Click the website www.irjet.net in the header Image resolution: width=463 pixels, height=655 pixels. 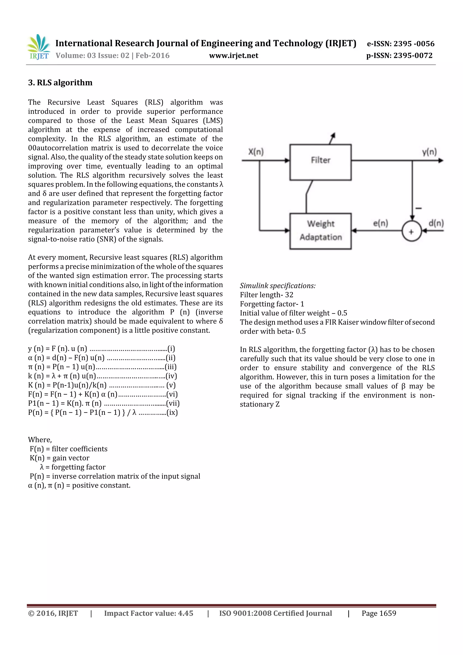click(x=233, y=56)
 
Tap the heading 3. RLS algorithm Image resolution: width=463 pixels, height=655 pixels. click(x=60, y=83)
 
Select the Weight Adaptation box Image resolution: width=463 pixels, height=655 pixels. click(x=320, y=231)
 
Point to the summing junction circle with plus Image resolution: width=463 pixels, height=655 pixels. click(x=411, y=231)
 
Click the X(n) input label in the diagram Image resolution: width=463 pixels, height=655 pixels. click(x=256, y=152)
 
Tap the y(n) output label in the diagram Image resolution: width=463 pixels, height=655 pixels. click(x=429, y=152)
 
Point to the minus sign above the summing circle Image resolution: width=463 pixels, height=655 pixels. click(x=418, y=208)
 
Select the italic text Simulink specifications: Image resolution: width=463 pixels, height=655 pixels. click(x=278, y=286)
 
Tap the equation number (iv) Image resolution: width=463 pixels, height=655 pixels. click(x=171, y=376)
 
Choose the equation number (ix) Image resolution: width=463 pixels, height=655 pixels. click(x=172, y=413)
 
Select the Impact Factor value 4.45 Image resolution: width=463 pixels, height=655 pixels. click(x=185, y=613)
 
